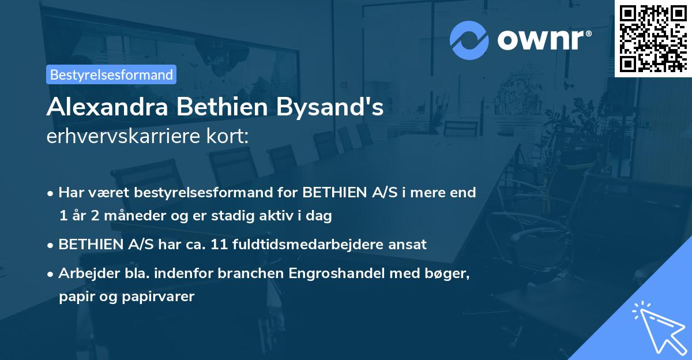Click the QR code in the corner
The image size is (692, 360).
(x=653, y=38)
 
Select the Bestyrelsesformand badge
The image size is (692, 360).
(x=111, y=74)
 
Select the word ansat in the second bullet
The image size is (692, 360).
(x=409, y=244)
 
